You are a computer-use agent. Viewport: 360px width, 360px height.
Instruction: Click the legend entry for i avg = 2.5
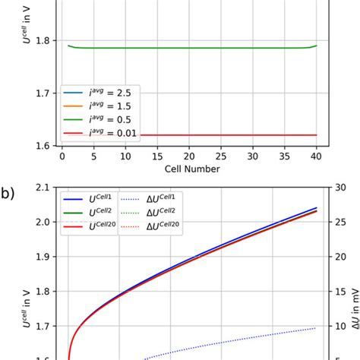96,93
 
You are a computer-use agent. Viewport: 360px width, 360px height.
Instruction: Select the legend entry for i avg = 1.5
96,106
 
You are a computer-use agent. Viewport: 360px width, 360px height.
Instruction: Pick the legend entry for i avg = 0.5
96,118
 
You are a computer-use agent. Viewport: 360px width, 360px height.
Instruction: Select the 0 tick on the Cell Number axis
62,153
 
